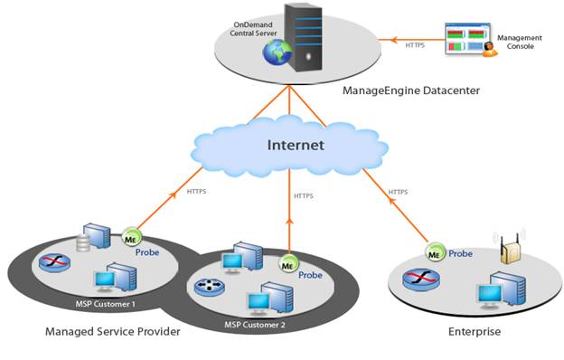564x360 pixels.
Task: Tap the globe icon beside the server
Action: (274, 53)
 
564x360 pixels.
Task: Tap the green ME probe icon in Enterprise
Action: (436, 252)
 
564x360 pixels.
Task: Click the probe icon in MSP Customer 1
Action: (131, 238)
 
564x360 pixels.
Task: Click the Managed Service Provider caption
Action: (113, 332)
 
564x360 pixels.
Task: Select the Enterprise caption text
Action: (475, 332)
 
